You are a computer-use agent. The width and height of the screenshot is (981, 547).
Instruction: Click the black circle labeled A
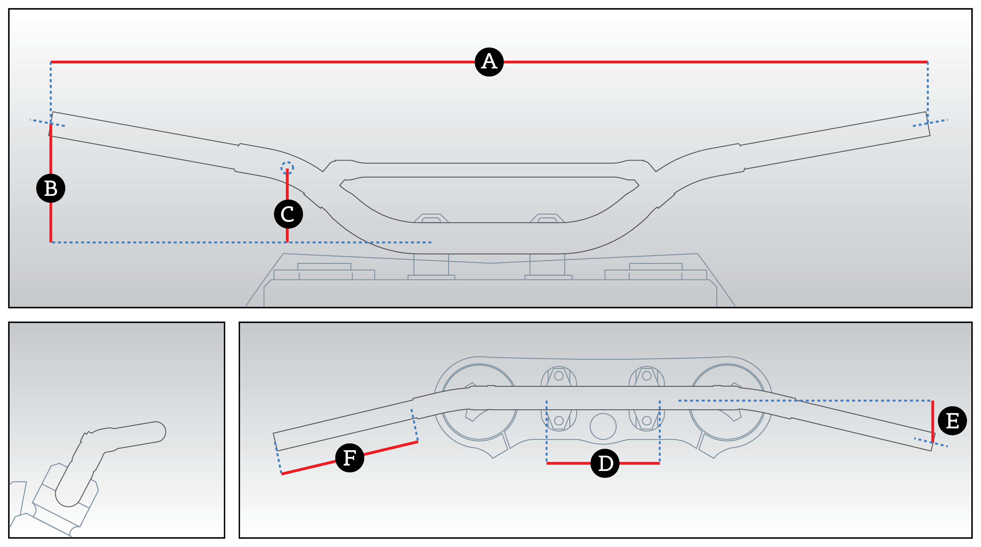pyautogui.click(x=489, y=62)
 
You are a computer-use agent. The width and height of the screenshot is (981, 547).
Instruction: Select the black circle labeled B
pyautogui.click(x=51, y=188)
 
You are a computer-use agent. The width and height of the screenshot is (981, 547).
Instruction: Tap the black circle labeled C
pyautogui.click(x=288, y=214)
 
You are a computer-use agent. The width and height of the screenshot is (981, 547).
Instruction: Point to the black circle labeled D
pyautogui.click(x=605, y=463)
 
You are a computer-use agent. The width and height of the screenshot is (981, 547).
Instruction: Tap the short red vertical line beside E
pyautogui.click(x=933, y=419)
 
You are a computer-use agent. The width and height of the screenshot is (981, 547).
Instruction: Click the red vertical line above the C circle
pyautogui.click(x=287, y=185)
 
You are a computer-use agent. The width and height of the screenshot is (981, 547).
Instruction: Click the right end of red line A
pyautogui.click(x=927, y=62)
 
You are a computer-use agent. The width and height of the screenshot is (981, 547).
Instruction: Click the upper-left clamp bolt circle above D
pyautogui.click(x=559, y=376)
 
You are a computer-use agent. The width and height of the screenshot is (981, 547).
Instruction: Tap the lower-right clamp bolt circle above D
pyautogui.click(x=647, y=421)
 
